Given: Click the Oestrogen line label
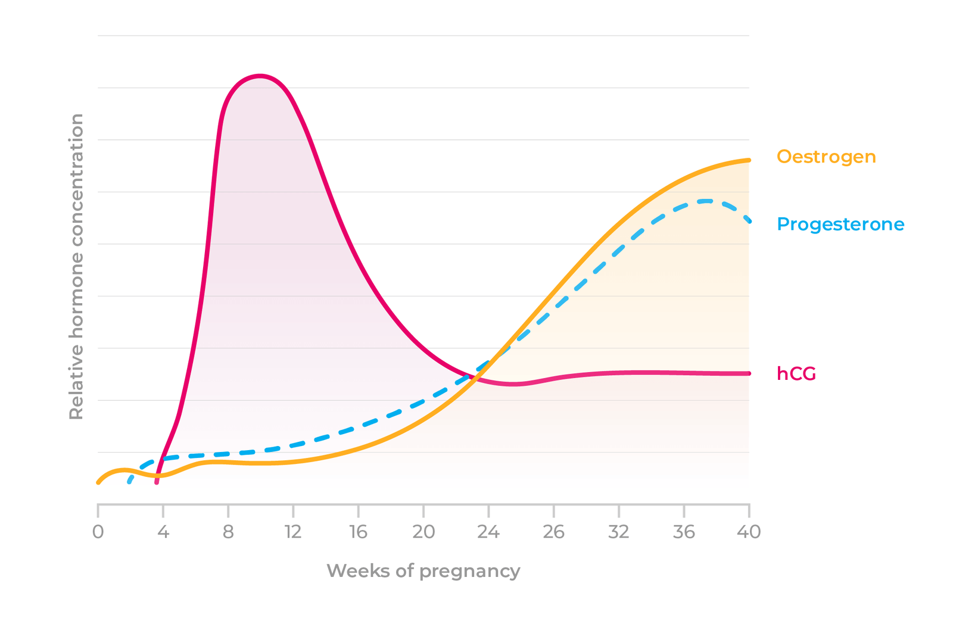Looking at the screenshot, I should click(826, 157).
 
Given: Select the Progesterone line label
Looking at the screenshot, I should click(840, 224).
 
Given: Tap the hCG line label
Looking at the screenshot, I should click(796, 373).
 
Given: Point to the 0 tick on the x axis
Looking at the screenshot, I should click(98, 531).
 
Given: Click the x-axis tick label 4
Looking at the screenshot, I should click(163, 531).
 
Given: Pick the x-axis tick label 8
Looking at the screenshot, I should click(228, 531).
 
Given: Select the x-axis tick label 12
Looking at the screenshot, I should click(293, 531).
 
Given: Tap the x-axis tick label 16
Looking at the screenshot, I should click(358, 531).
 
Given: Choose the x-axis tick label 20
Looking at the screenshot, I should click(423, 531).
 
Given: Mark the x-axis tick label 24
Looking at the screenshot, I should click(488, 531).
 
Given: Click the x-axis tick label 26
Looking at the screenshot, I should click(553, 531).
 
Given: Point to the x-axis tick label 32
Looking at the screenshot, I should click(619, 531).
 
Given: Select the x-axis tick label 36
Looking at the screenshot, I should click(684, 531).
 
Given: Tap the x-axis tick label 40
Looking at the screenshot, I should click(749, 531).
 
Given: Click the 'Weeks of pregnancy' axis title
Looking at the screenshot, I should click(423, 570).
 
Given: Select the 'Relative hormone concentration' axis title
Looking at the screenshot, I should click(76, 267).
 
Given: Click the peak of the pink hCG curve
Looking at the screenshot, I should click(260, 76).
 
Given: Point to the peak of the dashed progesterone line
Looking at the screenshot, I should click(706, 201).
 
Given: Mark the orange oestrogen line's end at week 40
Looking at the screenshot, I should click(749, 160).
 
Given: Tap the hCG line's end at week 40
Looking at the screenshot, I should click(749, 373).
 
